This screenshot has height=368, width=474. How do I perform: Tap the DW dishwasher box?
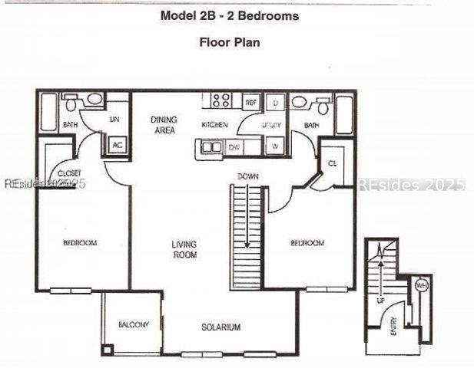coord(236,146)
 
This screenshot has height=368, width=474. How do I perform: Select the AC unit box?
coord(117,144)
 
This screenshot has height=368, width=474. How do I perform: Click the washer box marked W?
coord(275,145)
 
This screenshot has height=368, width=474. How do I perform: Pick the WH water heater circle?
coord(421,285)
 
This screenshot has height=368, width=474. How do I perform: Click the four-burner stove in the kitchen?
coord(221,100)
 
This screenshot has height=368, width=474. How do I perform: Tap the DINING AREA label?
coord(164,125)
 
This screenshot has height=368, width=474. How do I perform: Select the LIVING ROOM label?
coord(184,249)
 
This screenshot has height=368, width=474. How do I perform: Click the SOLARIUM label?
coord(221,327)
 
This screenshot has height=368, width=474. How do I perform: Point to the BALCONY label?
coord(133,325)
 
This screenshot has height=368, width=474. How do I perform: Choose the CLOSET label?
coord(69,174)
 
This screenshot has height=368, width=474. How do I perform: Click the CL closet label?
coord(332,163)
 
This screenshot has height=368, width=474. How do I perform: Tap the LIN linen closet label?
coord(115,120)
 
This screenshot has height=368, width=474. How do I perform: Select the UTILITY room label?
coord(271,124)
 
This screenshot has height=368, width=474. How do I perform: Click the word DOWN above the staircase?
coord(247,176)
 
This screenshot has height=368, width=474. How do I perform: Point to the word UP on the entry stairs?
coord(380,301)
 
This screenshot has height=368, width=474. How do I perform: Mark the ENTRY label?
coord(393,329)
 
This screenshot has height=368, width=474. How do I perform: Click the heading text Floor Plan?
coord(230,42)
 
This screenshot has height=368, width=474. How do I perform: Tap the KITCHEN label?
coord(215,124)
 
